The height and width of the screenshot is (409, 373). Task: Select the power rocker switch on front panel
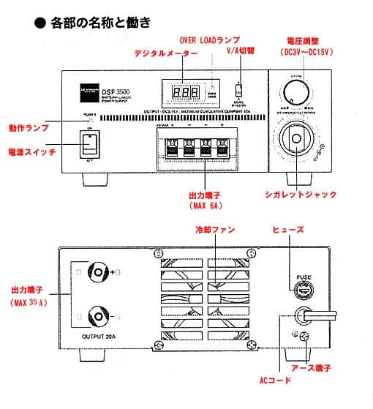(90, 144)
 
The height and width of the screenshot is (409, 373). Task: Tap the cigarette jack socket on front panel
(296, 140)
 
